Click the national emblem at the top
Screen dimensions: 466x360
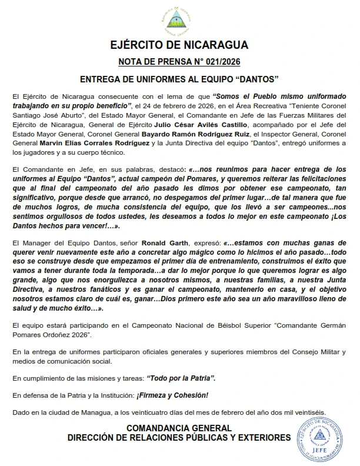[x=179, y=19]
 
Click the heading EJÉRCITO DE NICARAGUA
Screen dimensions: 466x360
[x=179, y=45]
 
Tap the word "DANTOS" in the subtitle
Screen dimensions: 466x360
[x=257, y=78]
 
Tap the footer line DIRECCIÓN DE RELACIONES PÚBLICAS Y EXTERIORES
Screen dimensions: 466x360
[x=179, y=438]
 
